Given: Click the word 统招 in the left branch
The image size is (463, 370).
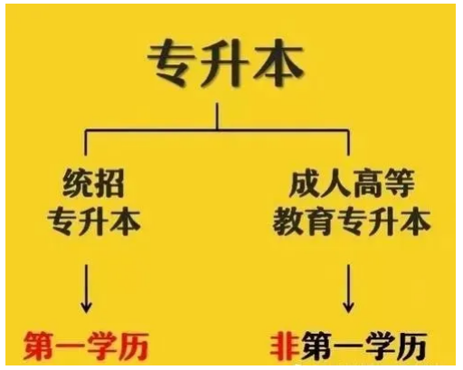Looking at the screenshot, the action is pyautogui.click(x=93, y=183).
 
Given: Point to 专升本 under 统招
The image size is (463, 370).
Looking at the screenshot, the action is pyautogui.click(x=94, y=223).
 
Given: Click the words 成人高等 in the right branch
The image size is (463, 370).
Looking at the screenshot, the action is pyautogui.click(x=352, y=183).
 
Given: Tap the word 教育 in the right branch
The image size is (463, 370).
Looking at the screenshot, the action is pyautogui.click(x=304, y=223).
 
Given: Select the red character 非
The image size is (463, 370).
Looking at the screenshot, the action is pyautogui.click(x=285, y=346).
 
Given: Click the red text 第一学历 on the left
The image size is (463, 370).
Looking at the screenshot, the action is pyautogui.click(x=86, y=346).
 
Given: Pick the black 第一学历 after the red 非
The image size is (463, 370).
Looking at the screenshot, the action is pyautogui.click(x=364, y=346).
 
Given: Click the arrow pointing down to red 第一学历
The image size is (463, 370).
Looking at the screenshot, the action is pyautogui.click(x=86, y=289).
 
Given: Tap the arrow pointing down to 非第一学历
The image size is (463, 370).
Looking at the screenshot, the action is pyautogui.click(x=348, y=289).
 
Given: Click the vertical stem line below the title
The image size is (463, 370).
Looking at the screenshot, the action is pyautogui.click(x=217, y=117).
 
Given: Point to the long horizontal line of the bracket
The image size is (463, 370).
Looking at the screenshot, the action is pyautogui.click(x=217, y=130).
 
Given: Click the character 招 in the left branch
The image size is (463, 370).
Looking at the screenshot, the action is pyautogui.click(x=109, y=183).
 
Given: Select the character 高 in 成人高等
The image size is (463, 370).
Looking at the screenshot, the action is pyautogui.click(x=367, y=183).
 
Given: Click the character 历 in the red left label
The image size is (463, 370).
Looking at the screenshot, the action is pyautogui.click(x=134, y=346).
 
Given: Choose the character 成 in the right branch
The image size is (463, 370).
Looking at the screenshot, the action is pyautogui.click(x=304, y=183).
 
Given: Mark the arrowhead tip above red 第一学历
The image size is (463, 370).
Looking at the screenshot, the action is pyautogui.click(x=86, y=313).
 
